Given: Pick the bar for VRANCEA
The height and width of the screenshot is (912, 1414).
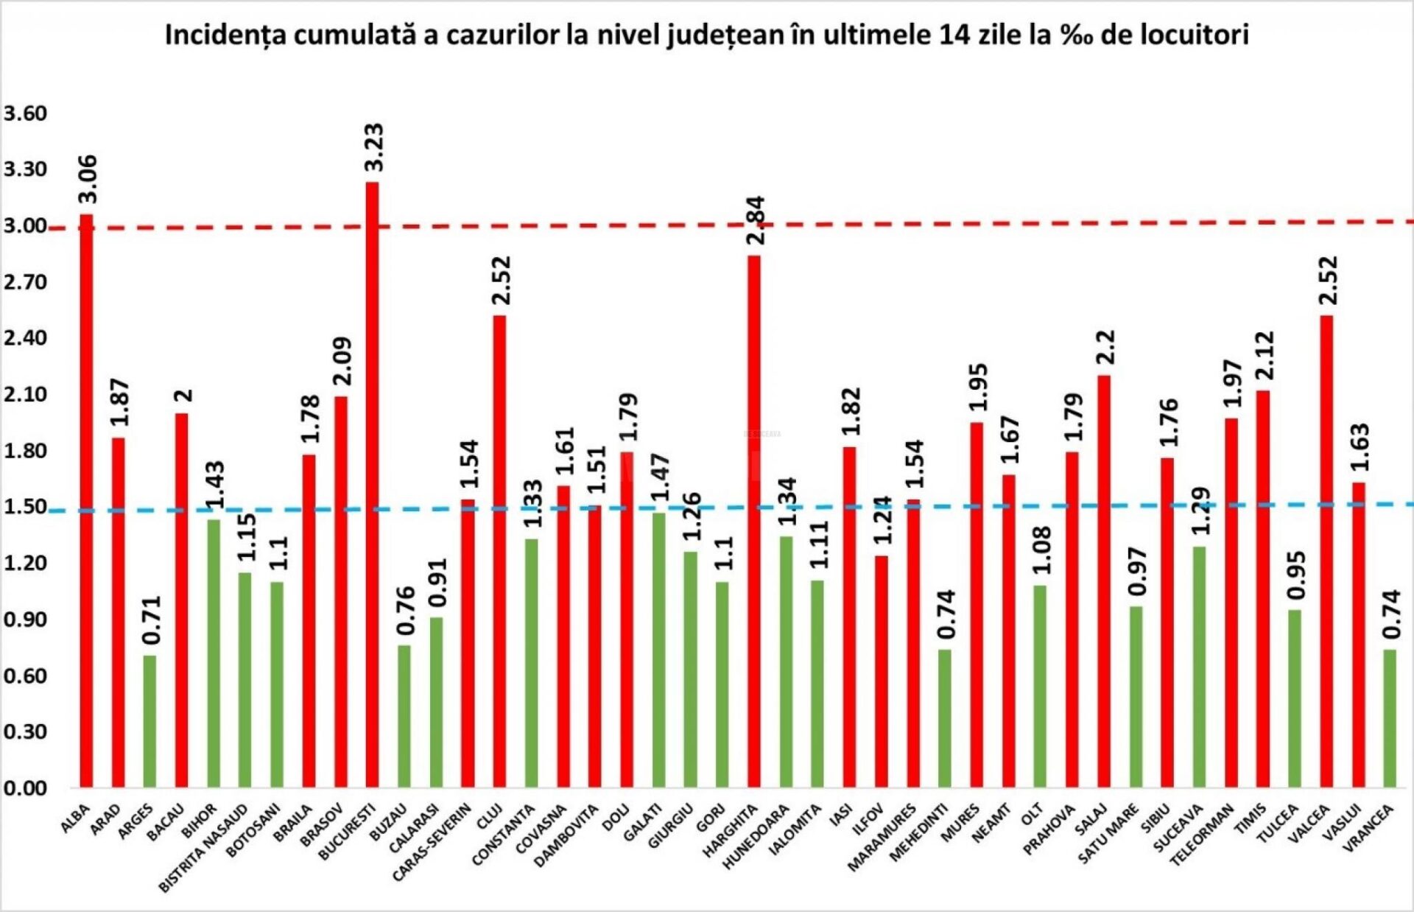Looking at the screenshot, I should click(1390, 718).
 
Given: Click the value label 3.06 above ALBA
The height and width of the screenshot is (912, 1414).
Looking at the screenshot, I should click(88, 179).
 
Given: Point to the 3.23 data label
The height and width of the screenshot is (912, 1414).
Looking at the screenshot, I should click(374, 147).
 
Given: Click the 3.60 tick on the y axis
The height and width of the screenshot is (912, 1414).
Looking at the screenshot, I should click(25, 113).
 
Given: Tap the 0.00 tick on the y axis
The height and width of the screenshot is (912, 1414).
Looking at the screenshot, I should click(25, 788).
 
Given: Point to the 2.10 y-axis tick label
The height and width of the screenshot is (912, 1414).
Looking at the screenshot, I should click(25, 394).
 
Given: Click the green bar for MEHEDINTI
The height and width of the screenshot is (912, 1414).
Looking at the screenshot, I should click(945, 718).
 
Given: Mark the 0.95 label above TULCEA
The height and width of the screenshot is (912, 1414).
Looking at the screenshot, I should click(1297, 575).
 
